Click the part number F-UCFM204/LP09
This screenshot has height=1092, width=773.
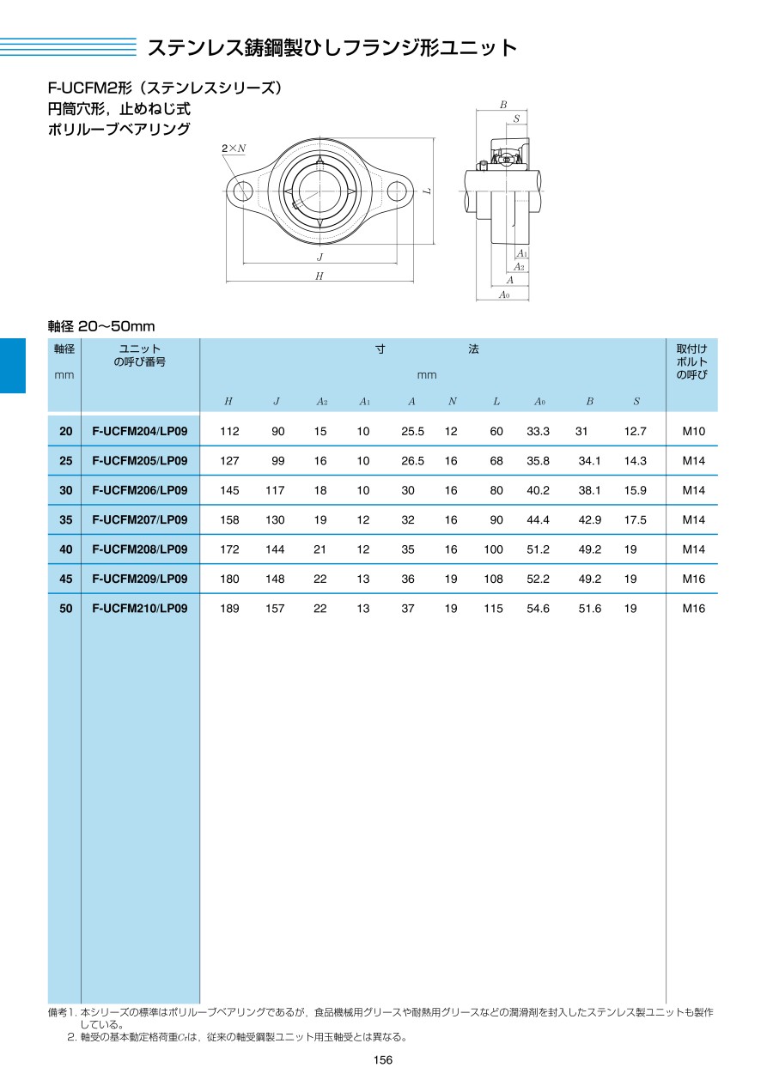(139, 431)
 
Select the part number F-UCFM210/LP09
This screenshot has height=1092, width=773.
(139, 608)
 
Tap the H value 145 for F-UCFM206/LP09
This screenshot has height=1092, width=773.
(229, 490)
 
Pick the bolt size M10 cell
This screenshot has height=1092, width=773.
(693, 431)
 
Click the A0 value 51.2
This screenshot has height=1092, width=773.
(538, 549)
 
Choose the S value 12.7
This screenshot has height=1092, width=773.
(635, 431)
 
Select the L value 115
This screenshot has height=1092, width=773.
(493, 608)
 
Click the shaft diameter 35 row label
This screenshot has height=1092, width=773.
(65, 519)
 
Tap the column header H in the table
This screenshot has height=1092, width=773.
(228, 401)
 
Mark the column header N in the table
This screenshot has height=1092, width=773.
(452, 401)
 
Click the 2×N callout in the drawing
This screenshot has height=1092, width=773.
(233, 149)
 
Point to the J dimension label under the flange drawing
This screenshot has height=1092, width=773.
(320, 257)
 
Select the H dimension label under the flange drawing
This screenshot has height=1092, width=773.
(320, 276)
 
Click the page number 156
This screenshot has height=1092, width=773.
(383, 1060)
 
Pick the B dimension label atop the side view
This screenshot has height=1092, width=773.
(502, 105)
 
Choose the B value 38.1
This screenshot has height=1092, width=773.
(589, 490)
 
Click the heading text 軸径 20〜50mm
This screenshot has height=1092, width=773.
(101, 326)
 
